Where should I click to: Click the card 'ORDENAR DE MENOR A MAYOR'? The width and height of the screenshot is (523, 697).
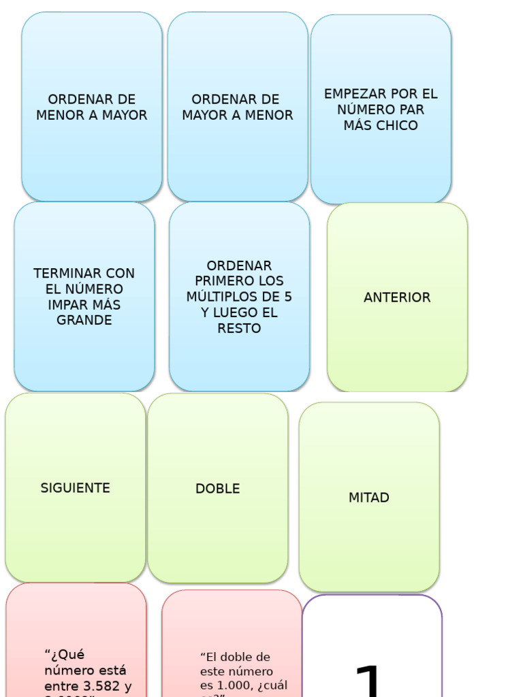click(x=92, y=107)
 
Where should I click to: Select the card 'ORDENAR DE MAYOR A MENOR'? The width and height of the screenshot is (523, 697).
click(x=238, y=107)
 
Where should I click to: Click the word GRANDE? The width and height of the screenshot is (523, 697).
click(x=84, y=321)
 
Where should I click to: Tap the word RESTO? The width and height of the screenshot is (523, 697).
click(x=239, y=329)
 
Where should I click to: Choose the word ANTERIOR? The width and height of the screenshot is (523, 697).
click(x=397, y=297)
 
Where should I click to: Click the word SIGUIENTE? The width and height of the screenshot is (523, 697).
click(x=75, y=488)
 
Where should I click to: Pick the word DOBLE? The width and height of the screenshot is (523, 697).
click(x=217, y=489)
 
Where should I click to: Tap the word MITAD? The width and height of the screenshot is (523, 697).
click(x=369, y=498)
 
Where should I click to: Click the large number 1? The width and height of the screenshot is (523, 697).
click(x=370, y=681)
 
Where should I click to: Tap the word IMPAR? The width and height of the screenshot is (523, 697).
click(x=67, y=305)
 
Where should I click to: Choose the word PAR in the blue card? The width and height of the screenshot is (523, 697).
click(x=412, y=110)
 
